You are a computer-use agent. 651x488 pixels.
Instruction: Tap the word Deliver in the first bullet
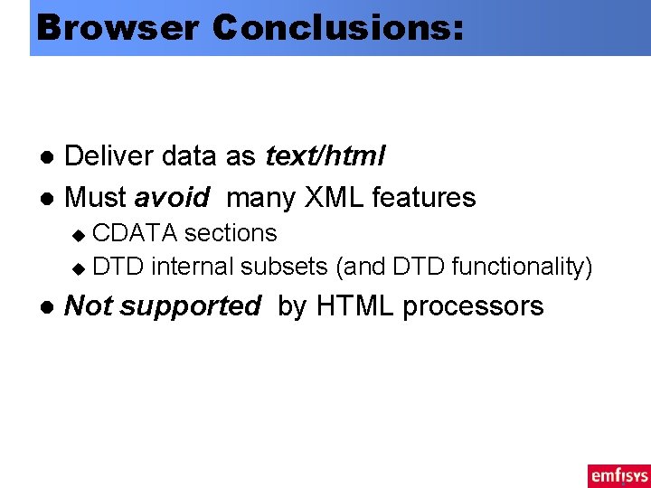(111, 156)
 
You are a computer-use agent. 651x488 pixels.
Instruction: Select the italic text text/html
(325, 156)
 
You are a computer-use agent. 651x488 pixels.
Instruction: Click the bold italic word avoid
(172, 197)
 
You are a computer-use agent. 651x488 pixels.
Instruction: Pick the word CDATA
(135, 233)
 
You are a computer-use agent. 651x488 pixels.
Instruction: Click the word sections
(231, 233)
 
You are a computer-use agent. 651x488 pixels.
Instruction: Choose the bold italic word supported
(190, 306)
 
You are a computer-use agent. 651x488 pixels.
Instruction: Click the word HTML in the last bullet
(355, 306)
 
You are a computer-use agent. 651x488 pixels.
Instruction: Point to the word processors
(473, 306)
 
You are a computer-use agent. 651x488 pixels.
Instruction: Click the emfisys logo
(618, 475)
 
